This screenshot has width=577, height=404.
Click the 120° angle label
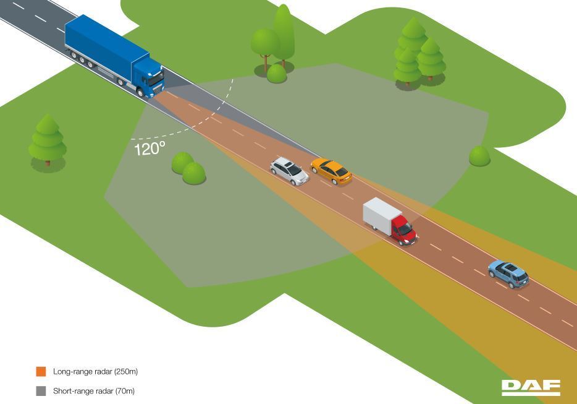150,148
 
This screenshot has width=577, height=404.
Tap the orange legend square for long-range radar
41,372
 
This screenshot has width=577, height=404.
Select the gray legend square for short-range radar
41,391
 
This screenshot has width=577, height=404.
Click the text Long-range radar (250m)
95,372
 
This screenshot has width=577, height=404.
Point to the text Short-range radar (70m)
94,391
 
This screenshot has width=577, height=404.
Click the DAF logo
531,387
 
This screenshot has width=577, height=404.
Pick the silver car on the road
289,171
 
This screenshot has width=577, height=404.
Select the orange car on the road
331,171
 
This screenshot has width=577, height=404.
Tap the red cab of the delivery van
403,230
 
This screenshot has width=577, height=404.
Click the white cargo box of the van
382,215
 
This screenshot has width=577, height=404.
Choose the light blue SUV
508,274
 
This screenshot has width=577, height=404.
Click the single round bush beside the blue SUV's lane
479,156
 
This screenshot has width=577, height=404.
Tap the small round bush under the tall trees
276,74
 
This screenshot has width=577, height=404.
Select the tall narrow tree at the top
284,35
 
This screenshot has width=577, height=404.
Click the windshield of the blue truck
156,78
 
